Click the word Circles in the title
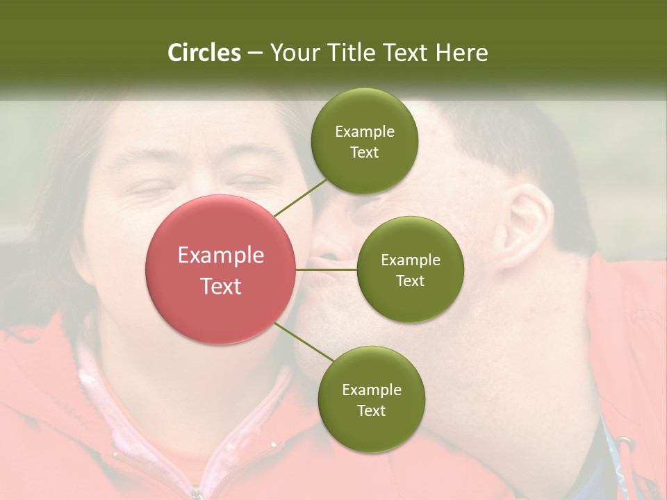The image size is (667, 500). (204, 53)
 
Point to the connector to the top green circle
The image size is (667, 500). (300, 197)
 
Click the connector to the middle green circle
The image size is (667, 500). (327, 269)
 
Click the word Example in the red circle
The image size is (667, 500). (221, 256)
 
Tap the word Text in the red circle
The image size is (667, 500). (221, 286)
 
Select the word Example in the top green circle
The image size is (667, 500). (365, 132)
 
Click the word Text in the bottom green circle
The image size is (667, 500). (371, 410)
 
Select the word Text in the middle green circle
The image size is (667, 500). (410, 281)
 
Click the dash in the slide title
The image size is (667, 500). (255, 53)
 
